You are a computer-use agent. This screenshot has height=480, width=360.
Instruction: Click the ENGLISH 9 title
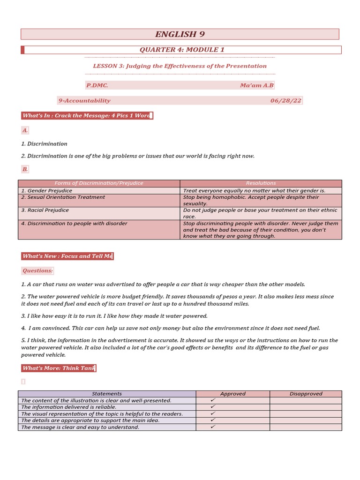tap(180, 34)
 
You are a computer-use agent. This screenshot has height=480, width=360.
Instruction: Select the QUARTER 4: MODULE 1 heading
tap(179, 50)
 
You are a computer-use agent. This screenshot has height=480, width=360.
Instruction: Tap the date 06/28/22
tap(285, 101)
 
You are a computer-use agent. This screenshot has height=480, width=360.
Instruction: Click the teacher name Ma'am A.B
tap(256, 85)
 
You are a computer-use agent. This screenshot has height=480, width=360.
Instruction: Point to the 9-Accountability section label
tap(84, 101)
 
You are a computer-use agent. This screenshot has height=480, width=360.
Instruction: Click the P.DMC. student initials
tap(97, 85)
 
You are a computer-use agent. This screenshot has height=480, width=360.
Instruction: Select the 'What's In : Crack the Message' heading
tap(87, 116)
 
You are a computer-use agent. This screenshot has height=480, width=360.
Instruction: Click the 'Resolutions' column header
tap(261, 183)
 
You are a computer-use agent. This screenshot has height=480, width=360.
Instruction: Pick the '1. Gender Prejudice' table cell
tap(47, 191)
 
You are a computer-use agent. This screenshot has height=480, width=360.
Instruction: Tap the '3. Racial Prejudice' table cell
tap(45, 210)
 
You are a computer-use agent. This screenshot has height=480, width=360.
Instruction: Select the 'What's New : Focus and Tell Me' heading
tap(67, 256)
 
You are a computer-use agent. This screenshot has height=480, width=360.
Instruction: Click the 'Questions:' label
tap(37, 271)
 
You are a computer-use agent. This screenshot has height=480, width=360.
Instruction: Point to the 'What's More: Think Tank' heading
tap(59, 368)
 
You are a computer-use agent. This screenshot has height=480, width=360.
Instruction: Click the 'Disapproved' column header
tap(306, 394)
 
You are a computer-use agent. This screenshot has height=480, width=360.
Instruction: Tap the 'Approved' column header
tap(232, 394)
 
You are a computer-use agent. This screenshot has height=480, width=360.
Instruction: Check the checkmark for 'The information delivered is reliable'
tap(213, 407)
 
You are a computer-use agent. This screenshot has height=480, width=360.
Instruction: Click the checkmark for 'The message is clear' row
tap(213, 427)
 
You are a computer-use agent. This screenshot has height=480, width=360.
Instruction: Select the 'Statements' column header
tap(107, 394)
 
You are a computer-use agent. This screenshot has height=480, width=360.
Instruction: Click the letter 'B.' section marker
tap(25, 169)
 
